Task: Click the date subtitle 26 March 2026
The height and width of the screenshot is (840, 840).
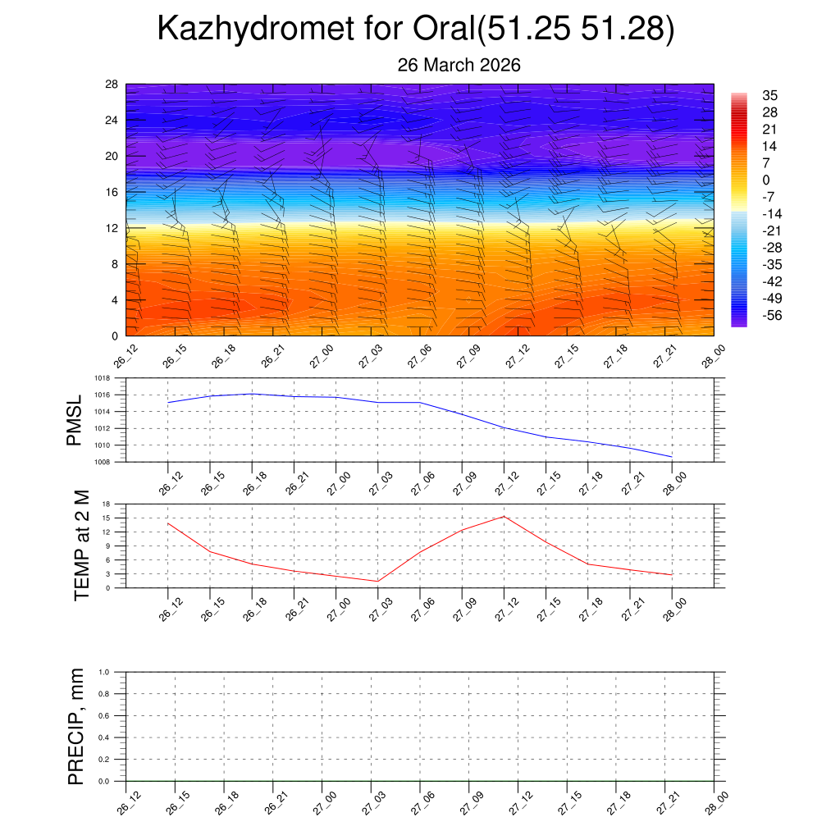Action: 459,65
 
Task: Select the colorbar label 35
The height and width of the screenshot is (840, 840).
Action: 769,95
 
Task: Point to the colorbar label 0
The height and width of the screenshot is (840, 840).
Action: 766,180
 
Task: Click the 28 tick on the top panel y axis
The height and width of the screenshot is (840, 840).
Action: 112,84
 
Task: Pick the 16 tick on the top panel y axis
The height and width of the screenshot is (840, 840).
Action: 112,192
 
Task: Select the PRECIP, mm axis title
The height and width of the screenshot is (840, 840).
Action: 75,726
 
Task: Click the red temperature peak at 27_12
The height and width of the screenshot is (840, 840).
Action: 504,516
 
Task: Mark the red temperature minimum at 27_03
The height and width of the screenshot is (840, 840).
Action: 378,582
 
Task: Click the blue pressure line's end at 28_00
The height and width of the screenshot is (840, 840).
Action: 672,456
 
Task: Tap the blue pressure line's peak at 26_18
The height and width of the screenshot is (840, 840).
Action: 252,394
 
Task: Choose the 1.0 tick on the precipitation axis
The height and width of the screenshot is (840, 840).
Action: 116,672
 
